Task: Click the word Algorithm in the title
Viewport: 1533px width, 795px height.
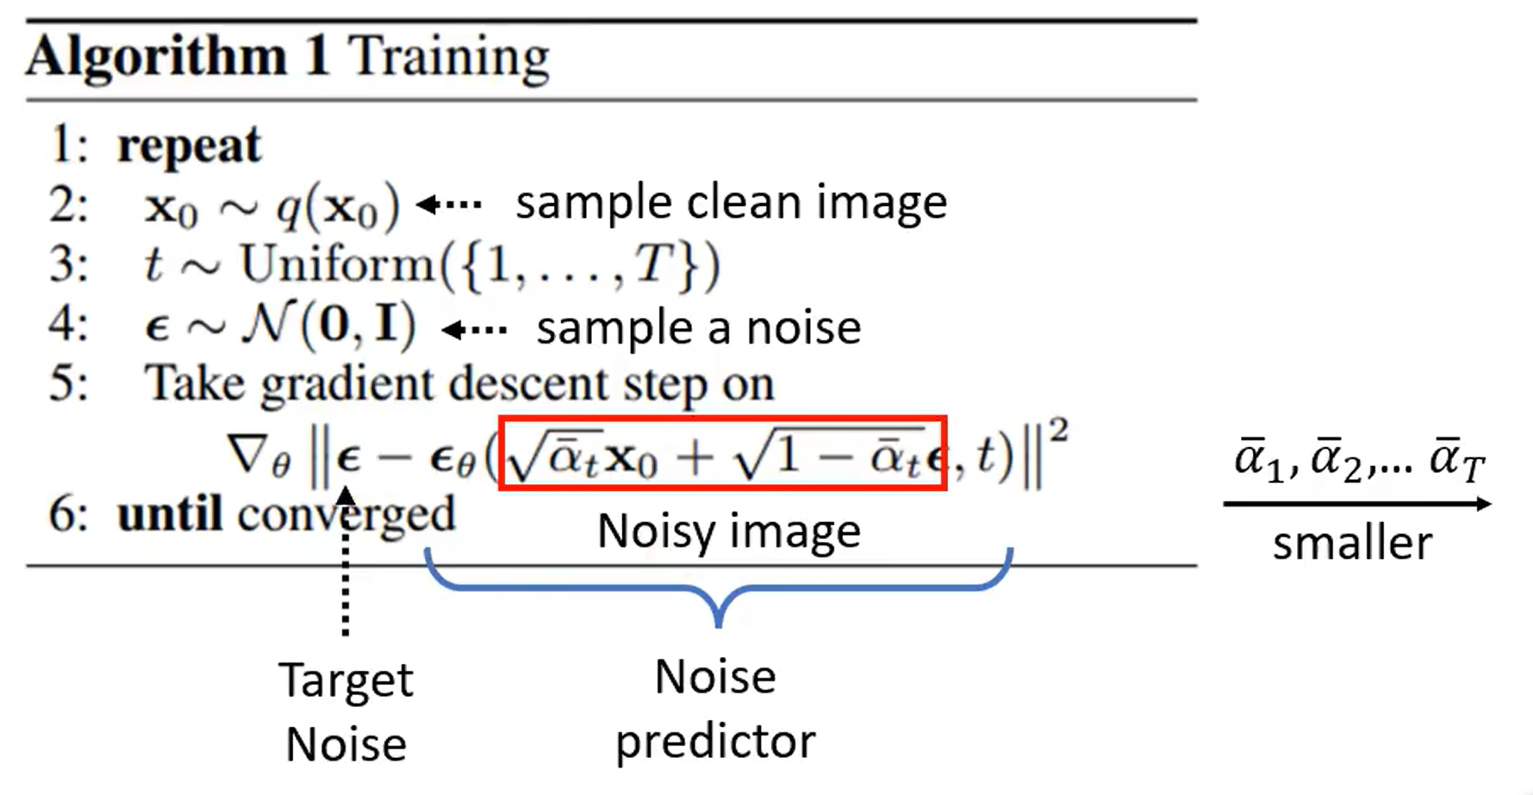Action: click(156, 58)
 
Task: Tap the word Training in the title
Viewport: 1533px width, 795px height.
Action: click(448, 58)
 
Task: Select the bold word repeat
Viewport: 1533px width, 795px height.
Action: click(189, 146)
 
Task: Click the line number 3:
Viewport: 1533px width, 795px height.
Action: click(68, 264)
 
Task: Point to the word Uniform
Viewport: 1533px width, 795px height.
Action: click(338, 264)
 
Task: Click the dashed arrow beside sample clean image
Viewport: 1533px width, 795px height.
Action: click(449, 205)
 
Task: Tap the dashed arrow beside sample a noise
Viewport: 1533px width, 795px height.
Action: click(474, 330)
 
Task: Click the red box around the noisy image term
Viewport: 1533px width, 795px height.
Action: click(722, 421)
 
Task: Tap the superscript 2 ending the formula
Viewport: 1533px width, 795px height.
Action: click(1059, 431)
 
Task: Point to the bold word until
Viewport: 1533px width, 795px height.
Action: click(170, 515)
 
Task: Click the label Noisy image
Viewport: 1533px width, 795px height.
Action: click(728, 531)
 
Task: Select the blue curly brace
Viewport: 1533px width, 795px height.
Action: click(718, 589)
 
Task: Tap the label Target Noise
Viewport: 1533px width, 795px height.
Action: click(346, 711)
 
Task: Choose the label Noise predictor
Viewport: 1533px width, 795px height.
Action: click(715, 708)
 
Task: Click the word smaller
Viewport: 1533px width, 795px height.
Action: click(1352, 544)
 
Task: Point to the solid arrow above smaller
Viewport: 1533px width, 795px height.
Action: click(1356, 505)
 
